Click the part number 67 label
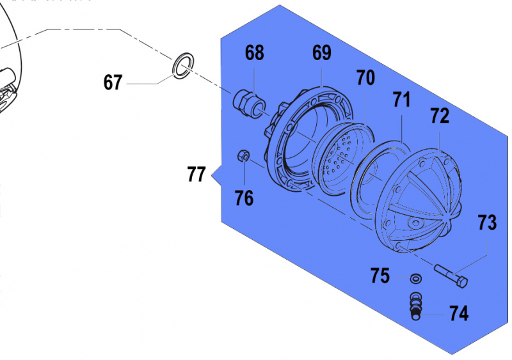click(113, 82)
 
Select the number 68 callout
click(254, 53)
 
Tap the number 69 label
click(322, 53)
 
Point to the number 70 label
click(365, 79)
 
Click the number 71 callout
click(401, 100)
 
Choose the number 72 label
click(440, 116)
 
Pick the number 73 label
click(486, 223)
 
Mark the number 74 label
click(458, 313)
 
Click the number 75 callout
click(380, 276)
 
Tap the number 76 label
click(244, 198)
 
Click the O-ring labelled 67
click(183, 66)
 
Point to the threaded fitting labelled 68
click(249, 102)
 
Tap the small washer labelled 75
click(415, 278)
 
